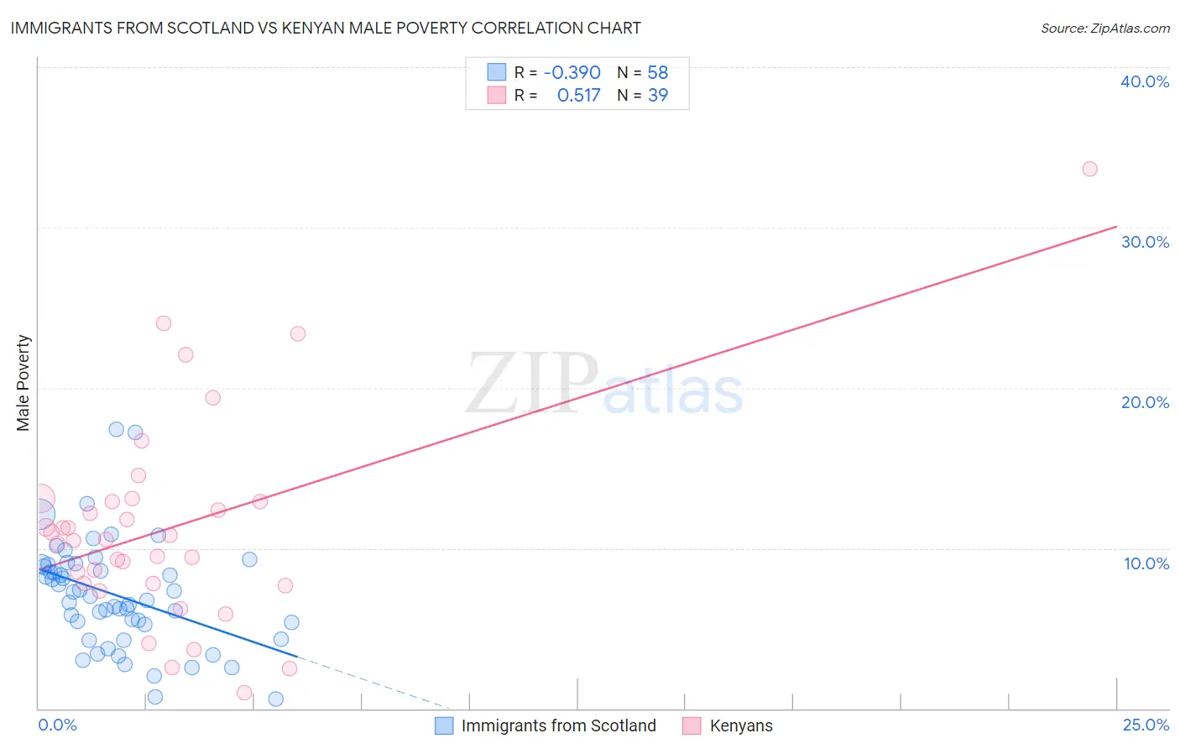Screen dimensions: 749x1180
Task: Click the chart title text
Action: (325, 28)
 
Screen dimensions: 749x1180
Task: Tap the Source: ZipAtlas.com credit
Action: (1104, 28)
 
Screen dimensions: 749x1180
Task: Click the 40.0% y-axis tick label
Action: (1145, 81)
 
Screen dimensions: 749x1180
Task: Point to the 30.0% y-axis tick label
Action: (1145, 242)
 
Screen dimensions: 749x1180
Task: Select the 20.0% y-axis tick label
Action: (1145, 402)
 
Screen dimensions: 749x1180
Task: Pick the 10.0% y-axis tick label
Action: (1146, 563)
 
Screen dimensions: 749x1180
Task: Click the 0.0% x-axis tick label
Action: (57, 725)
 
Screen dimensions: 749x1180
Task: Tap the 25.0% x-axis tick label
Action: (1146, 725)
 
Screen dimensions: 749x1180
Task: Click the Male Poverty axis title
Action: (23, 383)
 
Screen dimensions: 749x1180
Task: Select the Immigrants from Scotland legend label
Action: (558, 725)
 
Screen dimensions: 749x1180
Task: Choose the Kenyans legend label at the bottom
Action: (741, 725)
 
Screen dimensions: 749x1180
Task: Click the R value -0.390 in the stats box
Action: (572, 73)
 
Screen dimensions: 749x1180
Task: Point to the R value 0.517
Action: (578, 96)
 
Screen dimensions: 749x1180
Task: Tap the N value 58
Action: (658, 73)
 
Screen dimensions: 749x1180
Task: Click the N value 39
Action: (658, 96)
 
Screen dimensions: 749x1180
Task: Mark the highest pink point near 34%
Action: (1089, 169)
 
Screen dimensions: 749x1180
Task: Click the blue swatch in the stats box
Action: (497, 72)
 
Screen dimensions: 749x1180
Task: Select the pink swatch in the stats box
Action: (497, 95)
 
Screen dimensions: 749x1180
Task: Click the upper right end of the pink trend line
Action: (1116, 227)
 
